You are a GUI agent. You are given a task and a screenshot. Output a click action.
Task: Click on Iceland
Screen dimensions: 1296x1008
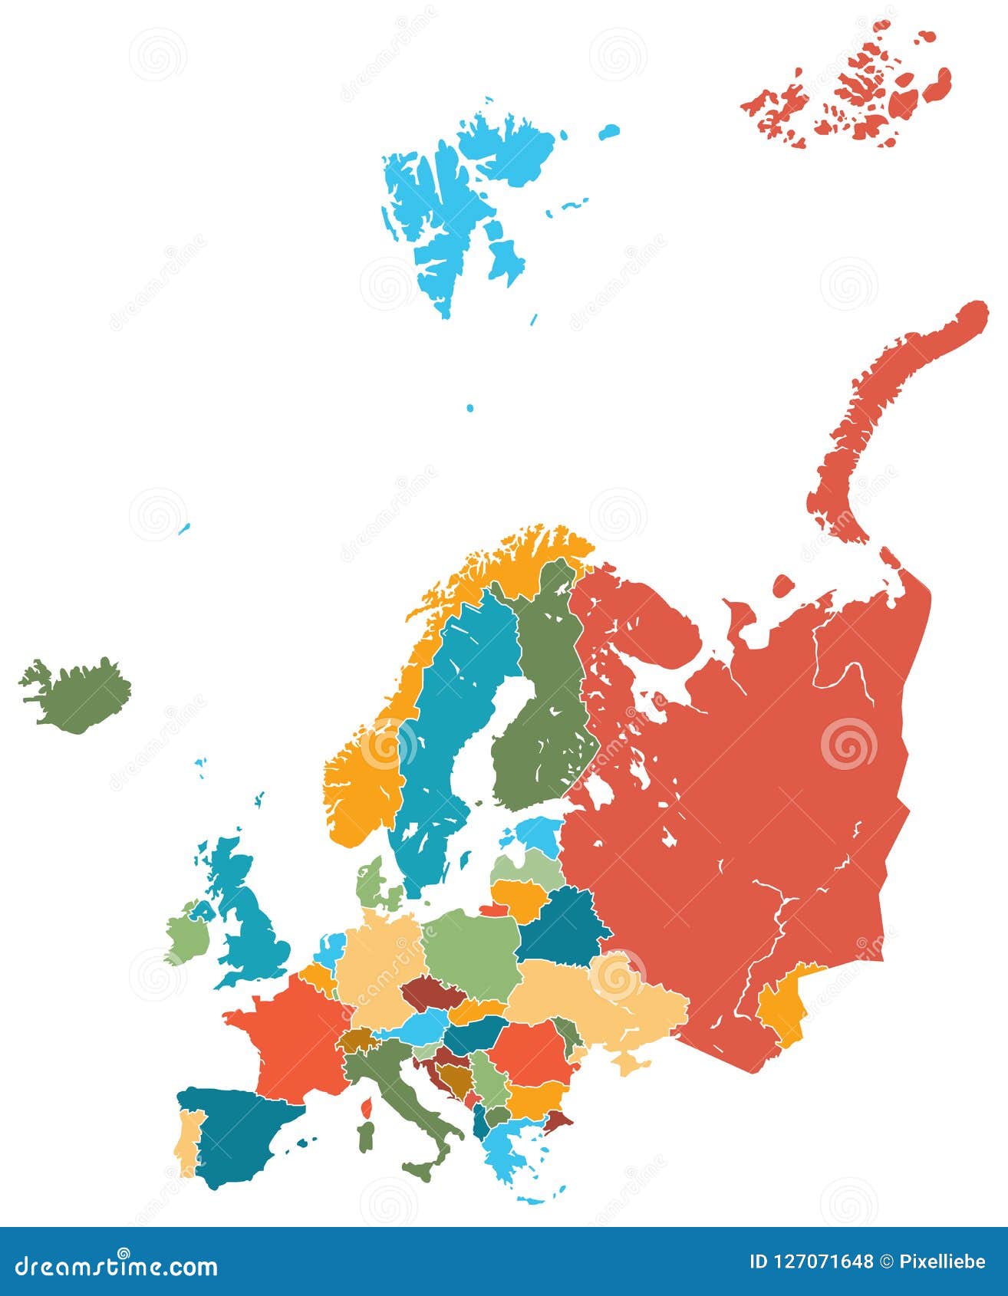pyautogui.click(x=77, y=694)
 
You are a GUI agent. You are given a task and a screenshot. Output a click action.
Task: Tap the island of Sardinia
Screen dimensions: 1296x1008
pyautogui.click(x=367, y=1136)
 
